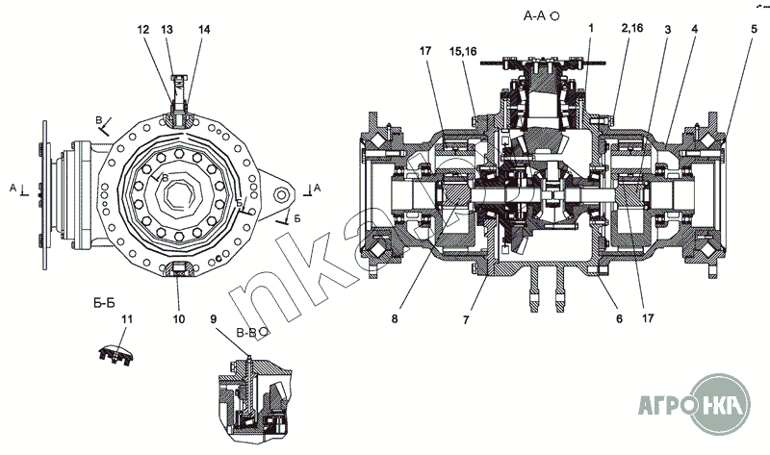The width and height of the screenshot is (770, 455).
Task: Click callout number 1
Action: coord(590,30)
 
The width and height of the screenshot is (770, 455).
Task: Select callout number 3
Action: coord(666,30)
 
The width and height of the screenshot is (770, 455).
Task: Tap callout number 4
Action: coord(694,30)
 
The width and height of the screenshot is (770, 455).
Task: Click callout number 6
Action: coord(619,318)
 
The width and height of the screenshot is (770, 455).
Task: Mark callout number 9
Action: coord(213,317)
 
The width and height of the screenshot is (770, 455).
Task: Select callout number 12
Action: coord(143,30)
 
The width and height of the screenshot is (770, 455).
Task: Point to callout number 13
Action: coord(167,30)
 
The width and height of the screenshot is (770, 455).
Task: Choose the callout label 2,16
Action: coord(632,30)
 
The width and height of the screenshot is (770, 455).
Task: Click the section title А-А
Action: coord(536,16)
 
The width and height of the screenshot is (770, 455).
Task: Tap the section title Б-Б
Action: coord(104,302)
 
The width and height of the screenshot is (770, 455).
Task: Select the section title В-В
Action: coord(245,330)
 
